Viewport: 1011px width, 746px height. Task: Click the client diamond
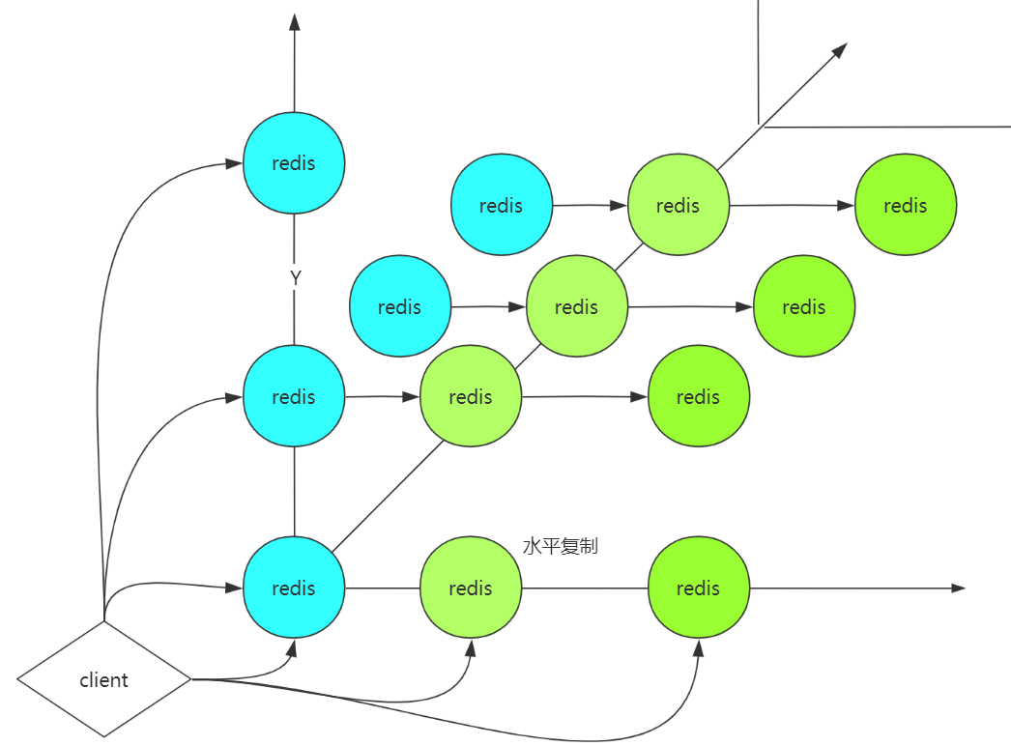coord(104,679)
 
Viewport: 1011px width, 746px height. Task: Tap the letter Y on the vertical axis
coord(295,278)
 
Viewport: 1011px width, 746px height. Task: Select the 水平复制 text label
coord(560,547)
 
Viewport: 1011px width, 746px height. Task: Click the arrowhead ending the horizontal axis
coord(957,588)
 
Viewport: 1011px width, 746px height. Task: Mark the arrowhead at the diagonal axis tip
coord(839,50)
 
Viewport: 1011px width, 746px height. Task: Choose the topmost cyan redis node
coord(294,163)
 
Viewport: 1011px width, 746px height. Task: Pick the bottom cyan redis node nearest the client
coord(294,588)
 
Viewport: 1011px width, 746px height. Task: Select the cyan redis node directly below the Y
coord(294,396)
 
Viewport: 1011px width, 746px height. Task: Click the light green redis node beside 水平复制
coord(471,588)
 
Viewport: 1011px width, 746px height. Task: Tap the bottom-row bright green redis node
coord(698,588)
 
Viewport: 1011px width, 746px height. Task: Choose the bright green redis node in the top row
coord(905,205)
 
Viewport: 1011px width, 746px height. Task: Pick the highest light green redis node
coord(678,205)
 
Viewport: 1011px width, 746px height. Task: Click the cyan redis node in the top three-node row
coord(501,205)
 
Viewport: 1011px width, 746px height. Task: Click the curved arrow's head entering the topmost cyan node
coord(234,163)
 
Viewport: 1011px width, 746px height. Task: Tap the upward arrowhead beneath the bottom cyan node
coord(293,646)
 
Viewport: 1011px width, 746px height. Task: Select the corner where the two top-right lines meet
coord(760,126)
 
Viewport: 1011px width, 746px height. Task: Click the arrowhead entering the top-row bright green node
coord(847,205)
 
